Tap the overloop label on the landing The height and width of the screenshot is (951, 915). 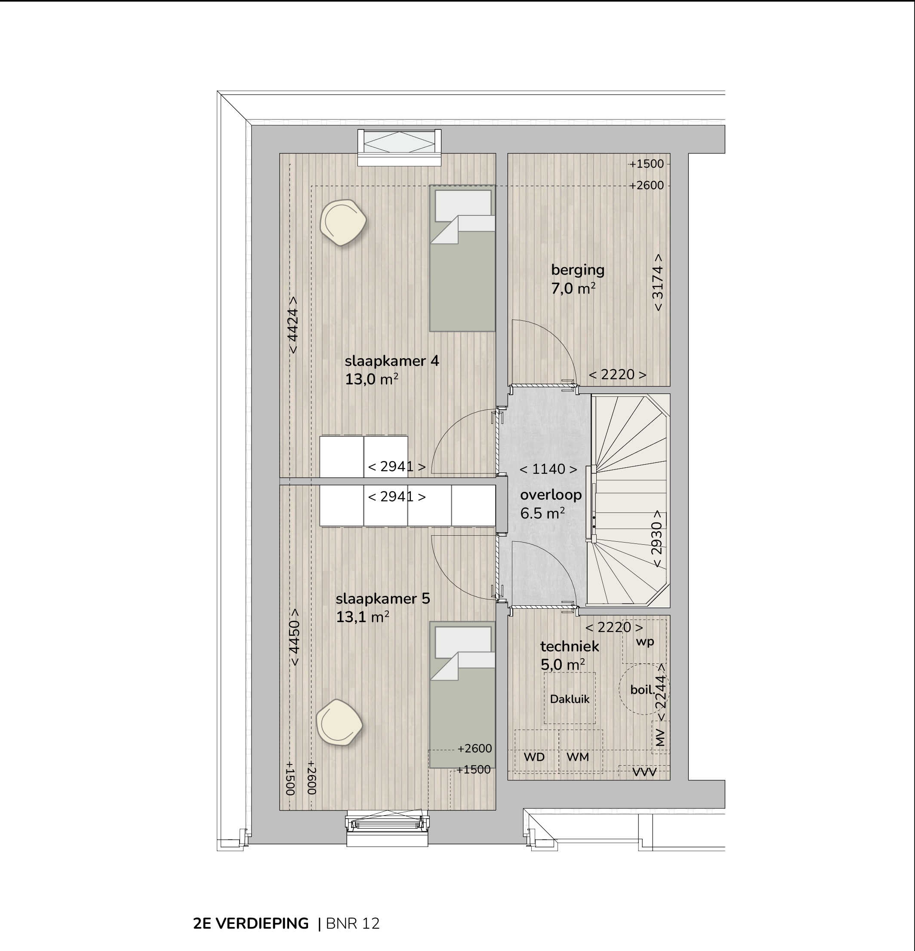[551, 495]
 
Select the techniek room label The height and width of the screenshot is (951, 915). [570, 646]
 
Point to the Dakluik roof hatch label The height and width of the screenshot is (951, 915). [570, 699]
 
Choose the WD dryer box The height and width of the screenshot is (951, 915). [536, 751]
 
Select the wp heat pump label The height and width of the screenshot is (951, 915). [645, 641]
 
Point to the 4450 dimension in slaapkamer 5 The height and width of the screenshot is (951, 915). [294, 638]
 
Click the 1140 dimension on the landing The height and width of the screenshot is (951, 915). [548, 469]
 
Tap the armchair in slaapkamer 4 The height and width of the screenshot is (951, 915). [343, 223]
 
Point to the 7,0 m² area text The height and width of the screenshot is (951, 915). [573, 288]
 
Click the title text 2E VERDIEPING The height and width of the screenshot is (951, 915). [251, 923]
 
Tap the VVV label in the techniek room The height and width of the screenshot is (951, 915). [644, 772]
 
